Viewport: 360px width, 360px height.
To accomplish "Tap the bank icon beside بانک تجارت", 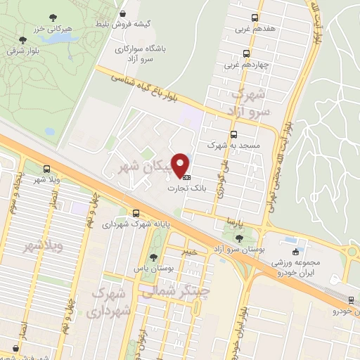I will [x=186, y=176].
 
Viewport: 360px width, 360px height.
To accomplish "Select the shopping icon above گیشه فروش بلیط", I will [x=124, y=13].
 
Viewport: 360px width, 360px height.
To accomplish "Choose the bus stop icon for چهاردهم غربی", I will [x=245, y=53].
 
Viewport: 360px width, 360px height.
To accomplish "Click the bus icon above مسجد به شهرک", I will [x=233, y=134].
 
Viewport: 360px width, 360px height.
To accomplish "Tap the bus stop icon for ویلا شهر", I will [x=46, y=169].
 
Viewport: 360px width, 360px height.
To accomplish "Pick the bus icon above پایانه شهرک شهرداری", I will [x=135, y=214].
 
